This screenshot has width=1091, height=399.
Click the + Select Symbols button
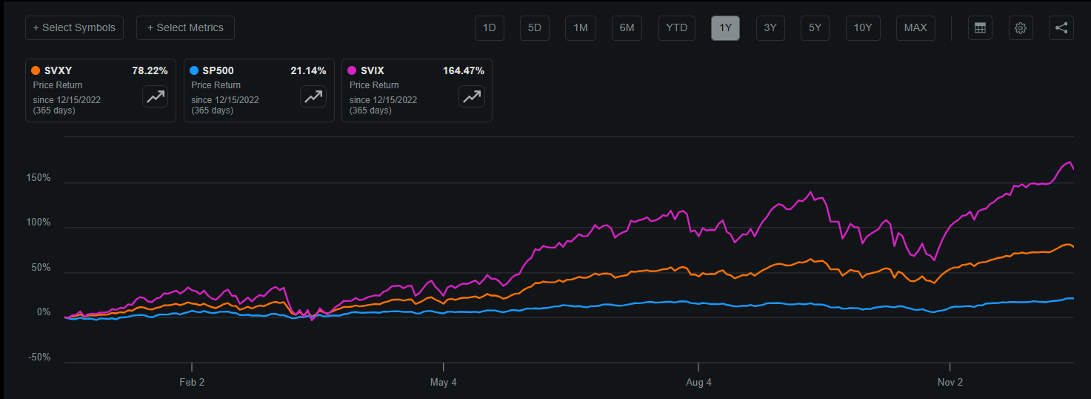(x=74, y=27)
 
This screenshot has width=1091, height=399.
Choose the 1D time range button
(x=489, y=27)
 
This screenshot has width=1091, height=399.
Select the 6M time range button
(x=627, y=27)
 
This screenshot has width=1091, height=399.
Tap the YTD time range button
(x=676, y=27)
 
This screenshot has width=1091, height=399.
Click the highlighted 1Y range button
(x=725, y=27)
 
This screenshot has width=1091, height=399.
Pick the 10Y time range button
(x=862, y=27)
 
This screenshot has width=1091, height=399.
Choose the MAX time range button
(x=915, y=27)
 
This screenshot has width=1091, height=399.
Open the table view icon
(x=980, y=27)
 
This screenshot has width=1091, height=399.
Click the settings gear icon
(x=1021, y=27)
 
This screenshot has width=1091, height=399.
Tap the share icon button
(x=1061, y=27)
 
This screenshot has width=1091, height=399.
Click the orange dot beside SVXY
(x=36, y=71)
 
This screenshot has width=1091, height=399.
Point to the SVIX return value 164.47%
(x=464, y=71)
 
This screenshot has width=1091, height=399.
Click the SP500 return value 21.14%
(x=308, y=71)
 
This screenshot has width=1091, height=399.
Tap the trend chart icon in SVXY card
(x=156, y=96)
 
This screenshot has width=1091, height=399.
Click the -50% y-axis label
(x=39, y=357)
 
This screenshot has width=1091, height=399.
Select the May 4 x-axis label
(x=443, y=383)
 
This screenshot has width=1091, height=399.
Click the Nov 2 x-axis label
(x=950, y=383)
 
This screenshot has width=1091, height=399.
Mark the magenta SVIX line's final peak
(x=1068, y=162)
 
